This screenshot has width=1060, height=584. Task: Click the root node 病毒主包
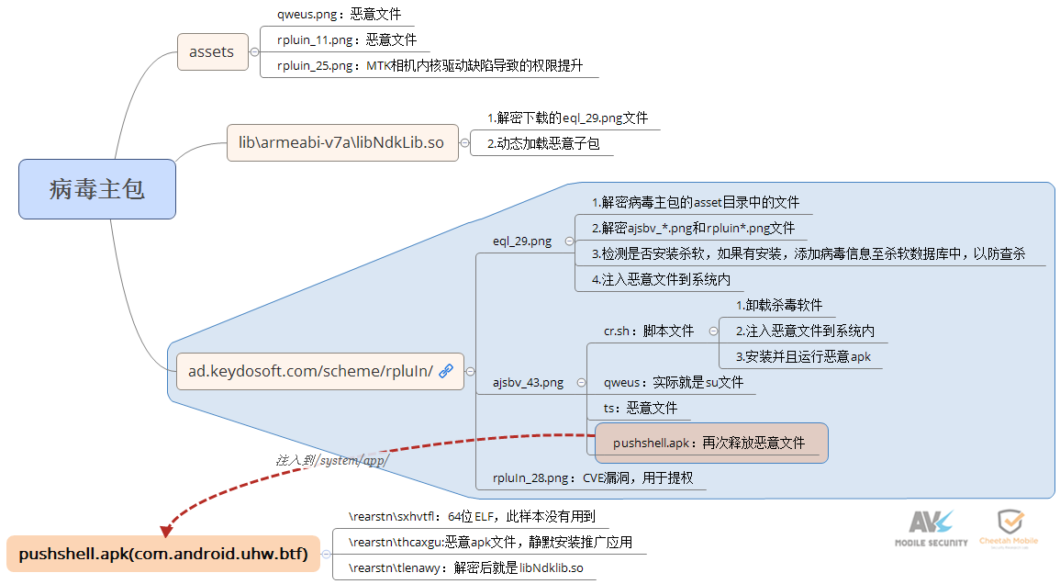[96, 189]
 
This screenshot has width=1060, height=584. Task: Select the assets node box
[211, 51]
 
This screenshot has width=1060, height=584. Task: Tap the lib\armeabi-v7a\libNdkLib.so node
[341, 142]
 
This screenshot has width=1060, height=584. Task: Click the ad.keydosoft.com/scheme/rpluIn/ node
[310, 371]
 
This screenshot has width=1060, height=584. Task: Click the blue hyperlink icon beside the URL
[447, 371]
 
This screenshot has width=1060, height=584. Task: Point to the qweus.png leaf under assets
[339, 15]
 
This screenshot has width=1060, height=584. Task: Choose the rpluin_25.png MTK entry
[430, 65]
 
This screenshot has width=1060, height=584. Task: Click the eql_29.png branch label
[522, 241]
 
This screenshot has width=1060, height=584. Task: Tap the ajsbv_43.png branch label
[528, 383]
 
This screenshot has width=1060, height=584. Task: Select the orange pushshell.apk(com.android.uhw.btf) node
[163, 554]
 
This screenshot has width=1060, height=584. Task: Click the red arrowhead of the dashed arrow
[166, 530]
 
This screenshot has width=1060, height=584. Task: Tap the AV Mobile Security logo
[931, 528]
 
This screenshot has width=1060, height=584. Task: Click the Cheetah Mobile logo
[1008, 528]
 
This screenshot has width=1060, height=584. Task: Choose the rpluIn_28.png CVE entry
[592, 477]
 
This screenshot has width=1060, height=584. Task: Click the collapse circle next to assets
[254, 52]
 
